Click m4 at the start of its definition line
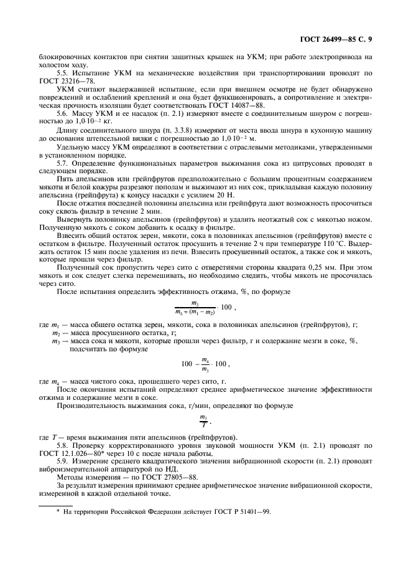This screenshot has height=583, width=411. pos(56,381)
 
